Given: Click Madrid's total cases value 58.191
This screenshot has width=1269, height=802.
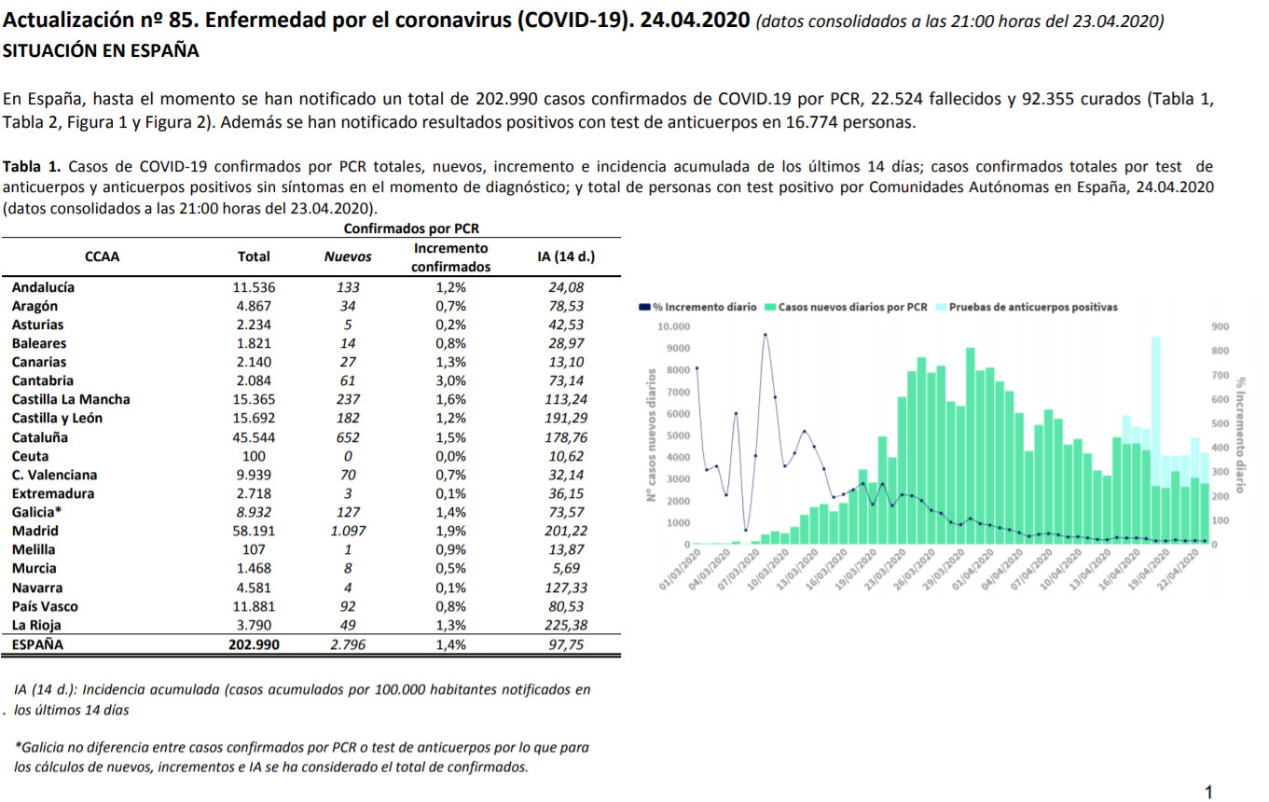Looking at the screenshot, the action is pyautogui.click(x=254, y=531).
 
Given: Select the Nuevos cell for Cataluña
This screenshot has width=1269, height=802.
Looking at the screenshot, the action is pyautogui.click(x=347, y=437).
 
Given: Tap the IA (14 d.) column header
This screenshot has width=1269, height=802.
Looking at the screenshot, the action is pyautogui.click(x=566, y=256).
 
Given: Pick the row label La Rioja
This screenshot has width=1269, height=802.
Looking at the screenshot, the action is pyautogui.click(x=36, y=625).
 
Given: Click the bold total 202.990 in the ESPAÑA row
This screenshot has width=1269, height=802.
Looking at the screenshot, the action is pyautogui.click(x=254, y=644).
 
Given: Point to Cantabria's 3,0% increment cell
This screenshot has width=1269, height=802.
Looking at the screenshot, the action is pyautogui.click(x=450, y=380).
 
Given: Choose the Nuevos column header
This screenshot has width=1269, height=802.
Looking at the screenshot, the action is pyautogui.click(x=347, y=256).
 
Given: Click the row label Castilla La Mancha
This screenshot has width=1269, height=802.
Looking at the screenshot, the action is pyautogui.click(x=71, y=399).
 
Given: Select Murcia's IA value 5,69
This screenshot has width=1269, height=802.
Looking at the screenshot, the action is pyautogui.click(x=565, y=568).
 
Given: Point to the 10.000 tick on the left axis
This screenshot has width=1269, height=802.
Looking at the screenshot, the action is pyautogui.click(x=673, y=326).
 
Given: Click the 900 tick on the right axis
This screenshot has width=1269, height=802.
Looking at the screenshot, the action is pyautogui.click(x=1221, y=326).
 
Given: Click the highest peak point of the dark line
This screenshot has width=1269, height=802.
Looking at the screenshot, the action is pyautogui.click(x=766, y=335).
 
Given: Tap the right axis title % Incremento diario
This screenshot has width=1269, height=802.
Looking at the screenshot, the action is pyautogui.click(x=1241, y=435).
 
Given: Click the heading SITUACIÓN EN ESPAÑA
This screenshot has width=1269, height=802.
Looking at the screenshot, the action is pyautogui.click(x=101, y=51).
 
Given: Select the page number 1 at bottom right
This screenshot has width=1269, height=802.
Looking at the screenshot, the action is pyautogui.click(x=1208, y=792).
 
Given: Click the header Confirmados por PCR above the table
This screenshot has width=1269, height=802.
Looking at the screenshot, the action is pyautogui.click(x=411, y=228).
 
